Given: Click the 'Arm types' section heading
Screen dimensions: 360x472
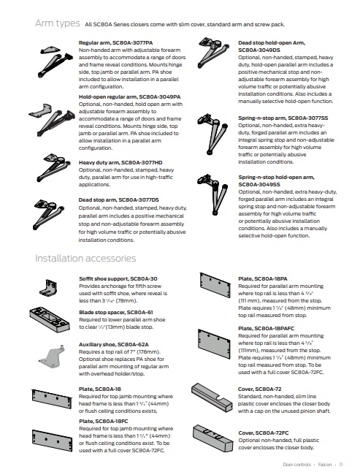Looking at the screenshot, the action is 58,23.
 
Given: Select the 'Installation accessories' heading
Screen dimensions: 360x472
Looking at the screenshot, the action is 85,258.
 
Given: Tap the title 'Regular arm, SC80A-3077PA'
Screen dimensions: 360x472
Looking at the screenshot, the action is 116,43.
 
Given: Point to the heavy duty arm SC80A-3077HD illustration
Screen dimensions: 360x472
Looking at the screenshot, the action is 53,167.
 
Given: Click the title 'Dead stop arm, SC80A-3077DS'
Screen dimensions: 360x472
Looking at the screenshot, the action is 118,200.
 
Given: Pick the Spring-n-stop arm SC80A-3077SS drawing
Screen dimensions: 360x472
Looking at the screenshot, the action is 212,134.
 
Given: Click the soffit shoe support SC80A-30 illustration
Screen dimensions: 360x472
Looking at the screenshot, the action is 48,288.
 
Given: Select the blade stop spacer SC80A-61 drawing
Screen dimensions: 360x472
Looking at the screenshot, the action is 50,319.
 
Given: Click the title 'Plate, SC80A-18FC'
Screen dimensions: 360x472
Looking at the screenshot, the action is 103,421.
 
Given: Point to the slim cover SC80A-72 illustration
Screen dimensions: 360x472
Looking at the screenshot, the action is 212,397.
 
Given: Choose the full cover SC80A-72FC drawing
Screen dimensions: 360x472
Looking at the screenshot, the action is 212,438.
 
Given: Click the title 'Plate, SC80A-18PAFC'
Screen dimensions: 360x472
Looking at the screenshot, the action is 266,328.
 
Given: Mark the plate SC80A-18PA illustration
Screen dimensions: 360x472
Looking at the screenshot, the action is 215,285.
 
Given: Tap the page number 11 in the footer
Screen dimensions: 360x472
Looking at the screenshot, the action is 341,465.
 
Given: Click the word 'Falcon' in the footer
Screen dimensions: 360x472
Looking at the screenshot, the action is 325,465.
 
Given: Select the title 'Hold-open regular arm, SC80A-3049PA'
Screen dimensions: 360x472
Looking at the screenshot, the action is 130,97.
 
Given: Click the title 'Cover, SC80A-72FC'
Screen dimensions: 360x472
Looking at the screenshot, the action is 263,433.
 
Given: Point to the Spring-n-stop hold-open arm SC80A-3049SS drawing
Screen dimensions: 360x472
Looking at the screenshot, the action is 212,194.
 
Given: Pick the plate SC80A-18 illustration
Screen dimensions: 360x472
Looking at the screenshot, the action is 52,399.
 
